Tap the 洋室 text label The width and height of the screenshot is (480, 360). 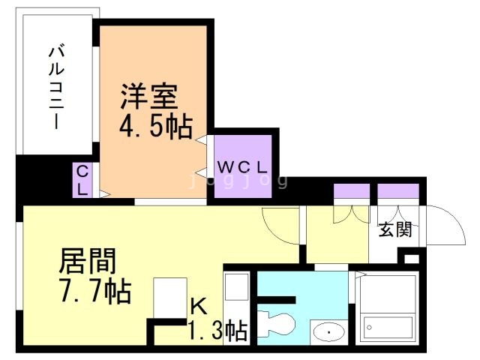coord(150,97)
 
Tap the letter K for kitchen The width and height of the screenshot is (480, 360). coord(198,306)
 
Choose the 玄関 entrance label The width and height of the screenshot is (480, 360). coord(394,229)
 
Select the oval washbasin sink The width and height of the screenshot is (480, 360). coord(328,331)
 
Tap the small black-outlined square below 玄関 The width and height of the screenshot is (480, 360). coord(411,259)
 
